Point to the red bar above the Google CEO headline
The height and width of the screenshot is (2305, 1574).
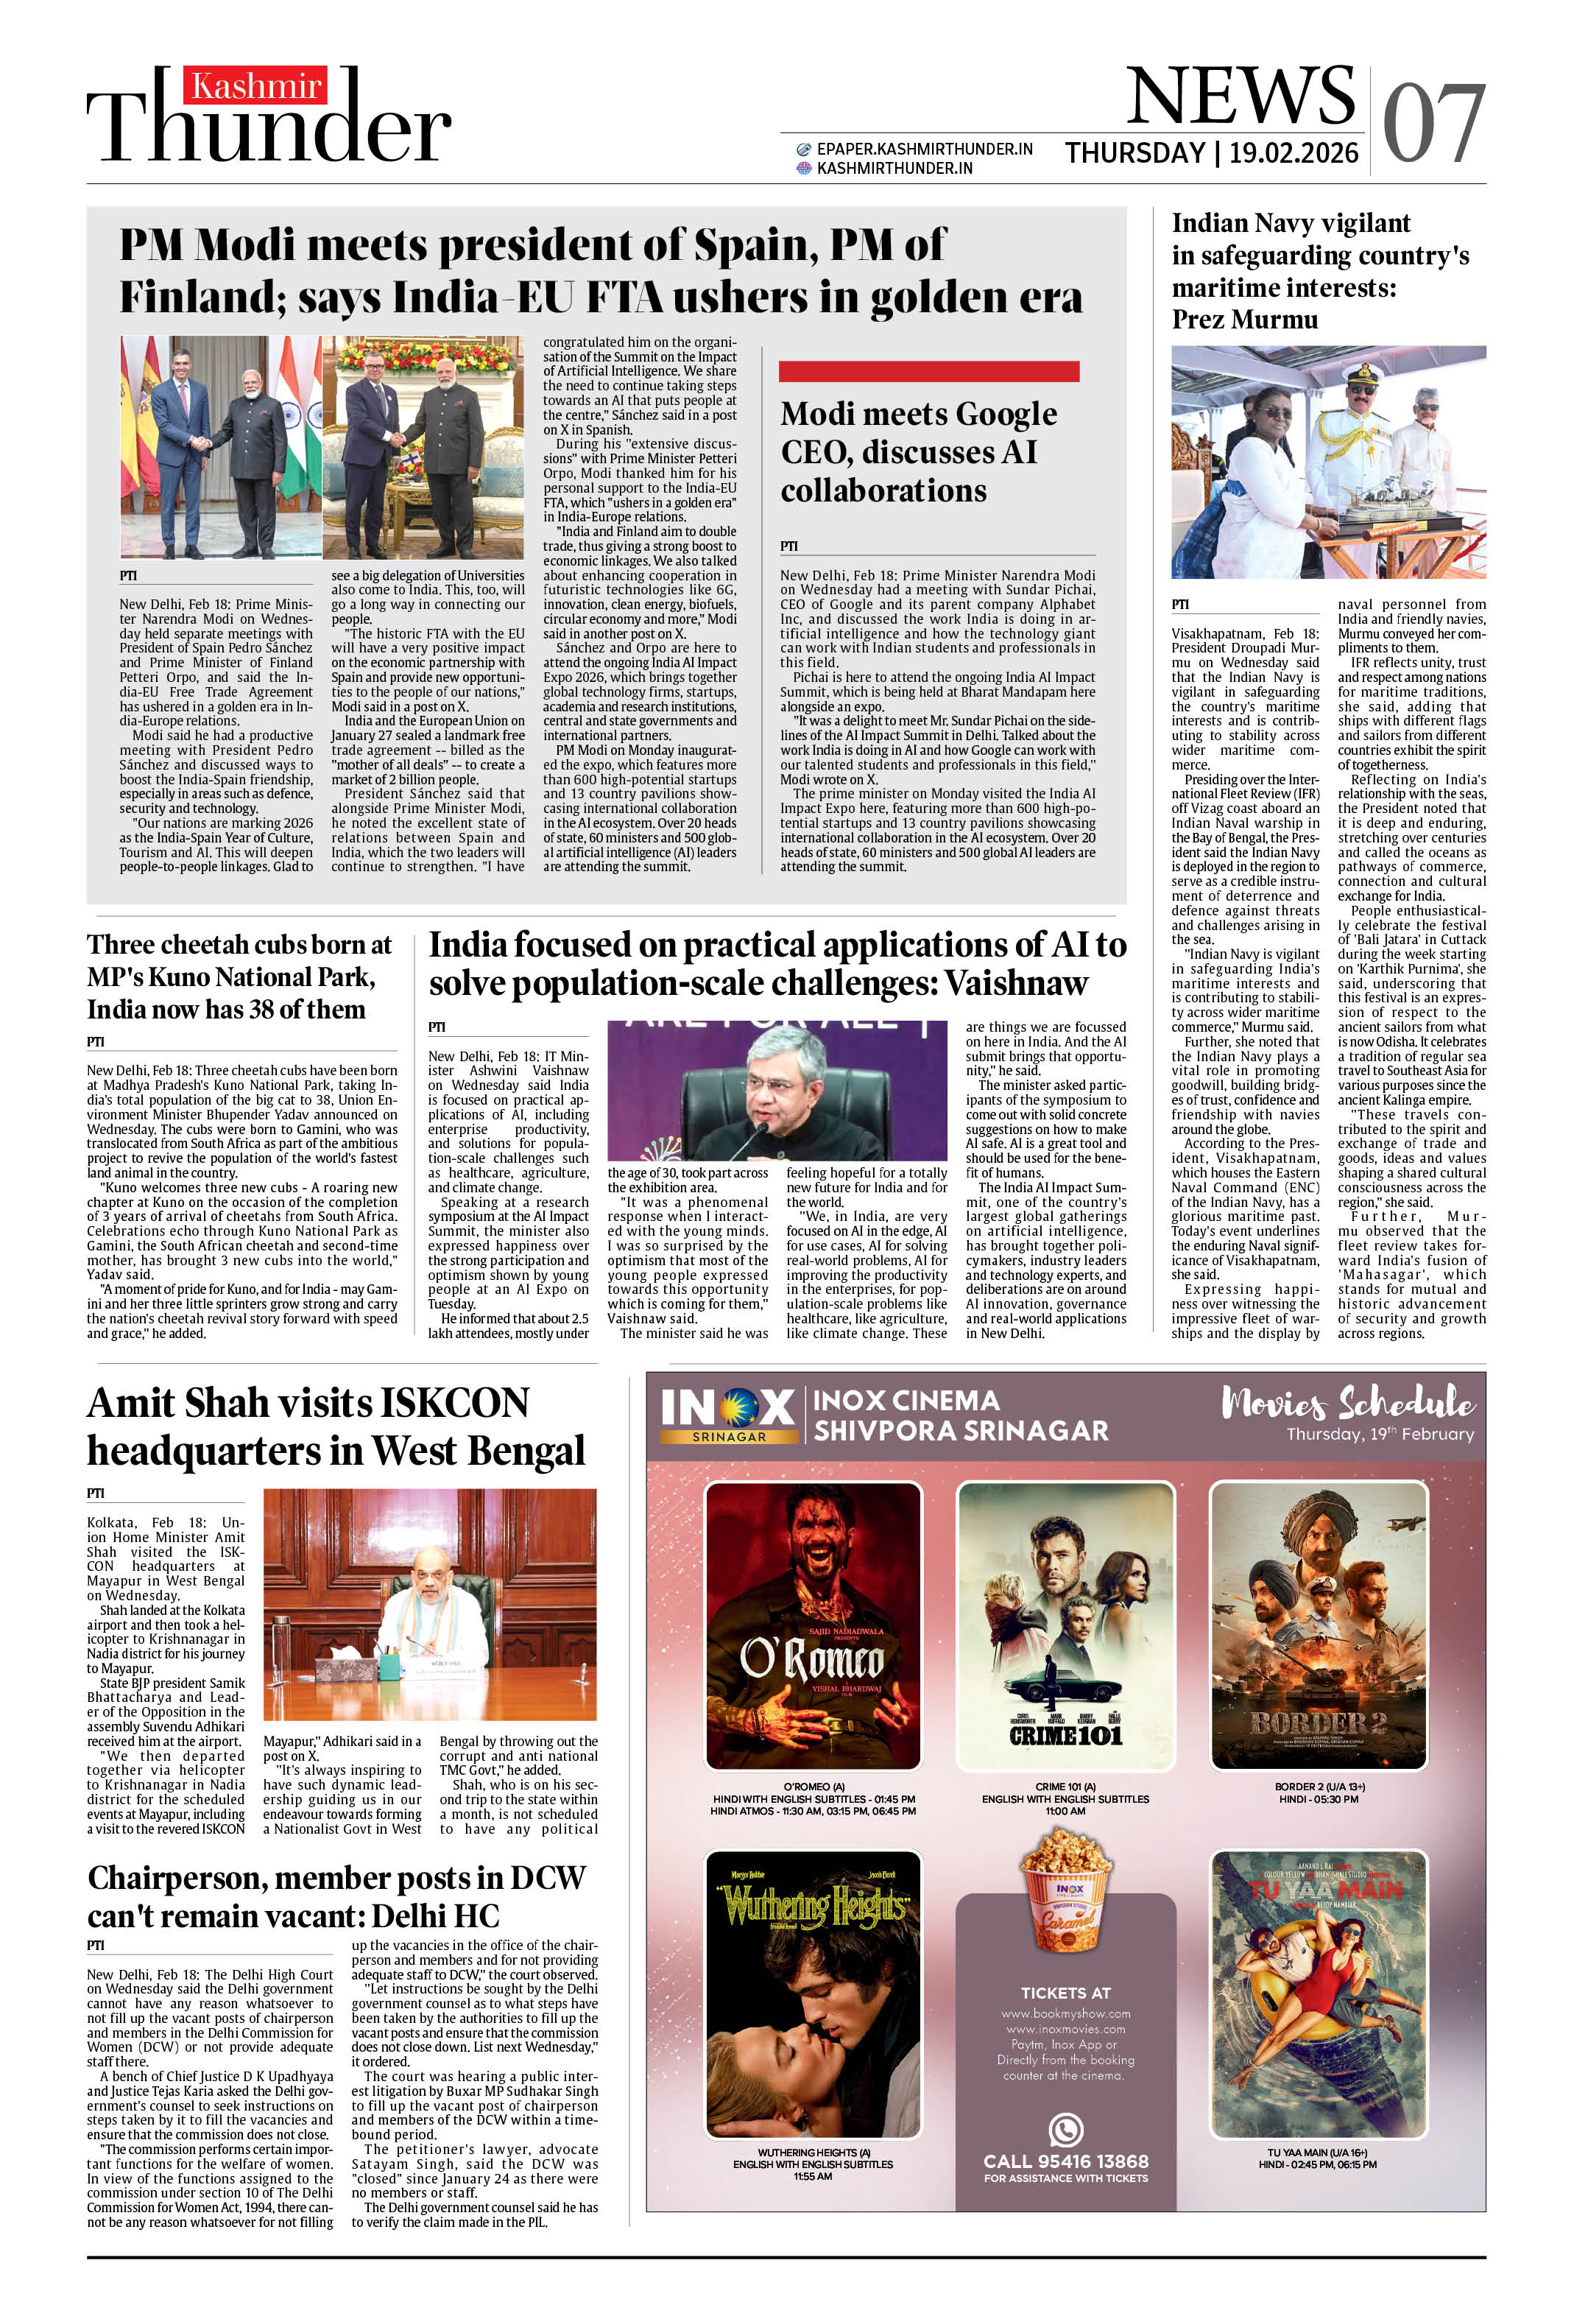point(928,372)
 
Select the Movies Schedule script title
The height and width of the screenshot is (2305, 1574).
point(1348,1402)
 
